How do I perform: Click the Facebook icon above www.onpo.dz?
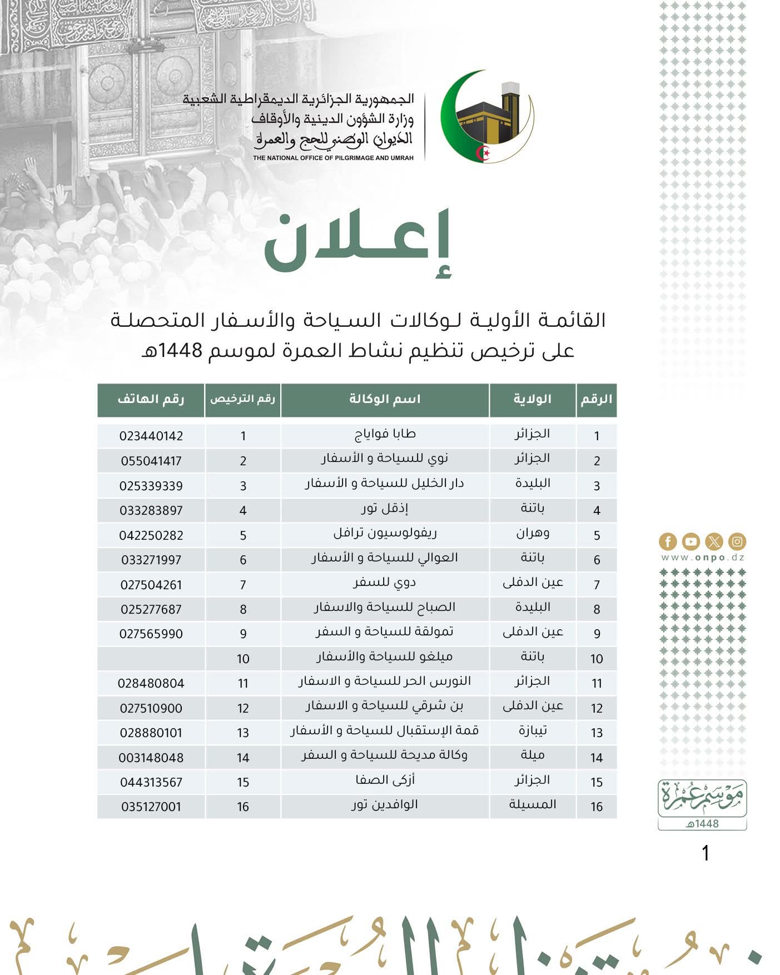pos(668,541)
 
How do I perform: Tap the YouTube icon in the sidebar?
pos(690,541)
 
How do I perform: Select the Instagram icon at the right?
pos(737,541)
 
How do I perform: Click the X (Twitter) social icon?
pos(714,541)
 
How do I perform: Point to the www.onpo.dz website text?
pos(703,558)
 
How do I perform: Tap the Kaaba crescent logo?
pos(487,117)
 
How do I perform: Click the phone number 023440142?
pos(151,436)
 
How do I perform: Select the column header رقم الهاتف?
pos(151,400)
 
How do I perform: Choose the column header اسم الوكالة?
pos(385,400)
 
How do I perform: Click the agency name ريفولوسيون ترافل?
pos(385,533)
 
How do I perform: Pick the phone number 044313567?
pos(151,782)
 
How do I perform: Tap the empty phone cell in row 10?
pos(151,659)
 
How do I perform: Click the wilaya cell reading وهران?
pos(533,533)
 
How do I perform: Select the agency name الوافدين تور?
pos(385,805)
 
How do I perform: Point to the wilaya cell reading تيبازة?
pos(533,730)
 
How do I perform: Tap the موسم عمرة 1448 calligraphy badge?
pos(702,804)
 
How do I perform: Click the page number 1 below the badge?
pos(706,853)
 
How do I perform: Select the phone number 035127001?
pos(151,807)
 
